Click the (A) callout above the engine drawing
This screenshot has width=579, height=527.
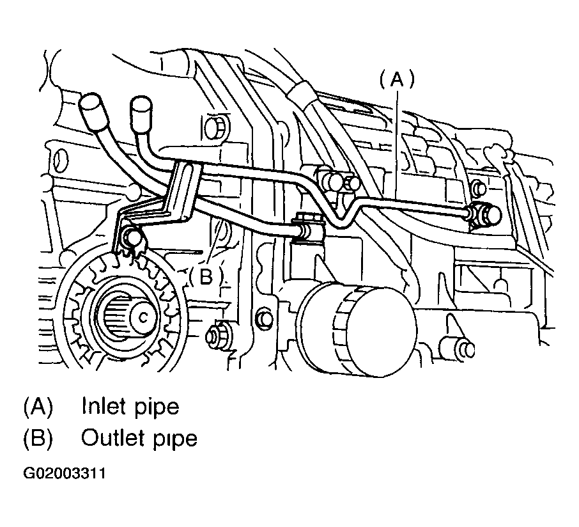coord(398,80)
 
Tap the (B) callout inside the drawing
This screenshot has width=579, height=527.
coord(206,276)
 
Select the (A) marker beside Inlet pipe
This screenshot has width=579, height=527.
coord(38,406)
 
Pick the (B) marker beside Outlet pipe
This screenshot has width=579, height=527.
coord(38,439)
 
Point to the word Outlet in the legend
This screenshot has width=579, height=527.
coord(112,437)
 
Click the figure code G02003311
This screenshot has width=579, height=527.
coord(65,473)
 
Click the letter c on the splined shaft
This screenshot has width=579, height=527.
coord(143,317)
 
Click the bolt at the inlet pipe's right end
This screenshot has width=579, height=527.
coord(487,214)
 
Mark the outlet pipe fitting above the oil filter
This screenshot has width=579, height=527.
coord(307,229)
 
